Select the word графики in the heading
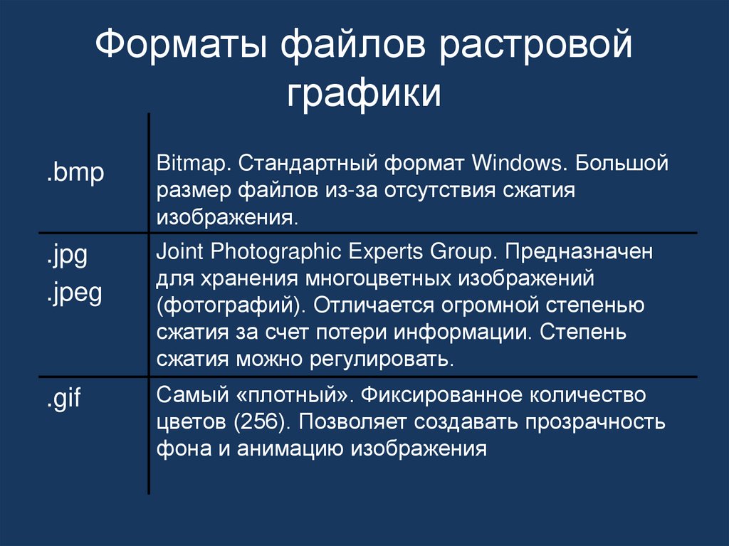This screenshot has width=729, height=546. [x=364, y=94]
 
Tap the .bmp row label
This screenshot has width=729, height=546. [x=75, y=172]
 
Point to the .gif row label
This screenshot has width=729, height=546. [x=64, y=397]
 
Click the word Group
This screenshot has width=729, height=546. [x=461, y=253]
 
